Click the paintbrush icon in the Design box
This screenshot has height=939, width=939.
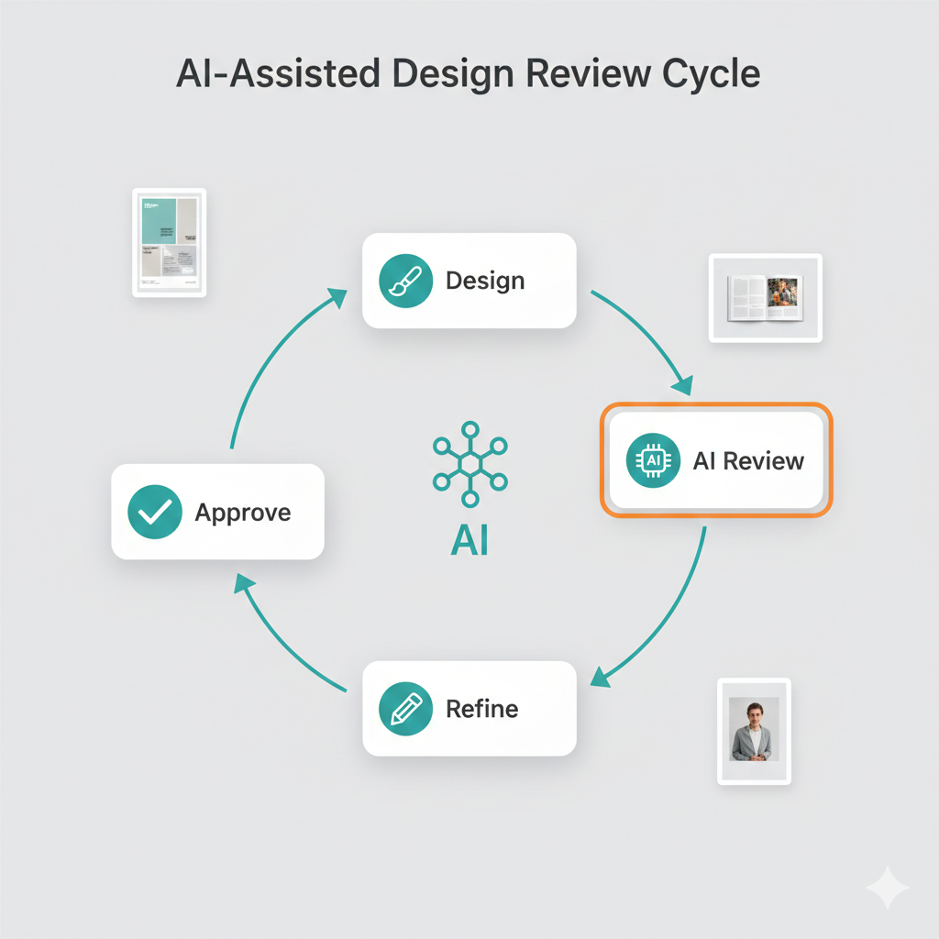pos(403,281)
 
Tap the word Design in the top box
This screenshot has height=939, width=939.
pos(485,281)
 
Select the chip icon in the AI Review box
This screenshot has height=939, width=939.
pos(652,461)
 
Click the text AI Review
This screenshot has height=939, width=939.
pos(748,460)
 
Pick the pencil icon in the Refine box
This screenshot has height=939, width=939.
pos(403,709)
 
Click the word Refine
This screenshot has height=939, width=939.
pos(481,709)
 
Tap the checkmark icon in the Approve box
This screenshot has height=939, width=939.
pos(153,512)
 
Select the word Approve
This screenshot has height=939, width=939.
pos(243,512)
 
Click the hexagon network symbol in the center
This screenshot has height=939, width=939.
pos(469,463)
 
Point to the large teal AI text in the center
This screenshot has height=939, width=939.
pos(469,541)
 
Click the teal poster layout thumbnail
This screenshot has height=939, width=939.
pos(170,242)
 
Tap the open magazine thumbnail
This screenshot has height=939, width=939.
pos(765,299)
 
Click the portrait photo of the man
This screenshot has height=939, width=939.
pos(754,730)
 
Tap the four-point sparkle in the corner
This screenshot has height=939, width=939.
pos(887,887)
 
